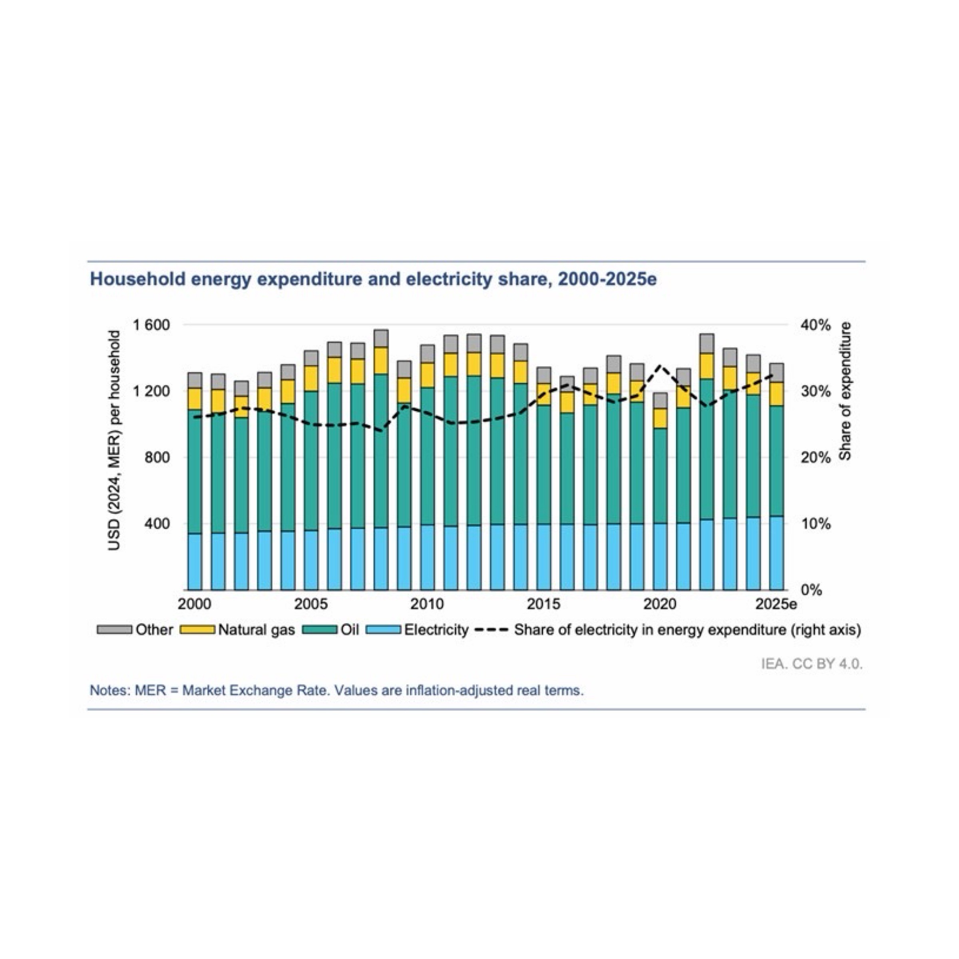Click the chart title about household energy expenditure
coord(373,279)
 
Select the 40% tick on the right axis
coord(815,326)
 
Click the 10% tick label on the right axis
coord(815,524)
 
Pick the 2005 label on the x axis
coord(311,604)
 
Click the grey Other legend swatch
coord(115,630)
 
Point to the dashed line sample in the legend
coord(491,630)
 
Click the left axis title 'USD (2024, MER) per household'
coord(114,440)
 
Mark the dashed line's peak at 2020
coord(660,366)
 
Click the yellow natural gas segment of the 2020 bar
coord(660,418)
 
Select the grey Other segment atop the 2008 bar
coord(381,338)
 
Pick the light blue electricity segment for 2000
coord(195,561)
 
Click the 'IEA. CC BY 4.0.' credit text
coord(812,664)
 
